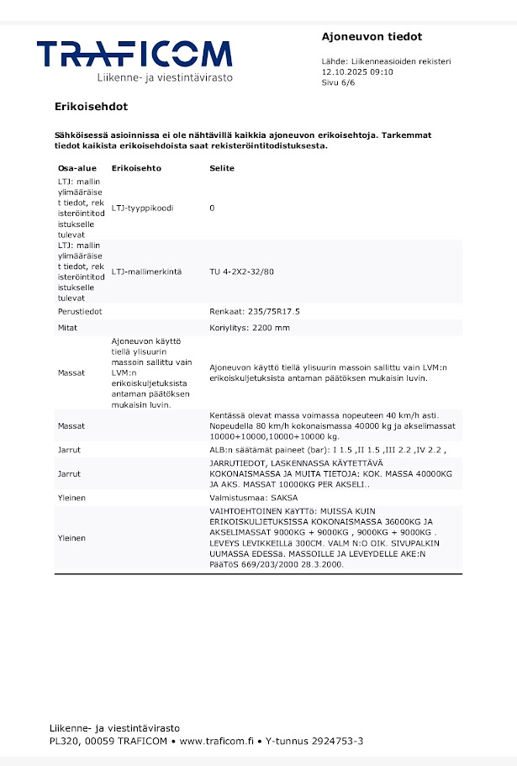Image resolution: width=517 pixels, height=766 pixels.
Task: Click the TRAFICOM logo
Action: point(134,55)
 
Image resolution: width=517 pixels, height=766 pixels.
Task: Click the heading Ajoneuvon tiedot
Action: point(372,36)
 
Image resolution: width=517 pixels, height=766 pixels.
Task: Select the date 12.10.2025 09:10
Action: point(357,72)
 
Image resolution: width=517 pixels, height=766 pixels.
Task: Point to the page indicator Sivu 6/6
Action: point(340,83)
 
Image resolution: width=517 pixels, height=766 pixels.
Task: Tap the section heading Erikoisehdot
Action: point(91,107)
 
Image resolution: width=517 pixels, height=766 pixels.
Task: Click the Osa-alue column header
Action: point(77,168)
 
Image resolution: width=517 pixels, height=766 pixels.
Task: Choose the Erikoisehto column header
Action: point(136,168)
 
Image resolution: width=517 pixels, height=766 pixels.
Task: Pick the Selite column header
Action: point(222,168)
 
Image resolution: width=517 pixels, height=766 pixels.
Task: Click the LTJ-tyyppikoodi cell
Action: point(142,208)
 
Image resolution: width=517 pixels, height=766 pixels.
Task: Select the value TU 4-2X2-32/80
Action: point(241,272)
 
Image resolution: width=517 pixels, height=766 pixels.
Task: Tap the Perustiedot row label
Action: point(80,311)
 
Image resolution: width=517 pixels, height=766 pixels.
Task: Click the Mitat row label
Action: point(67,327)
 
